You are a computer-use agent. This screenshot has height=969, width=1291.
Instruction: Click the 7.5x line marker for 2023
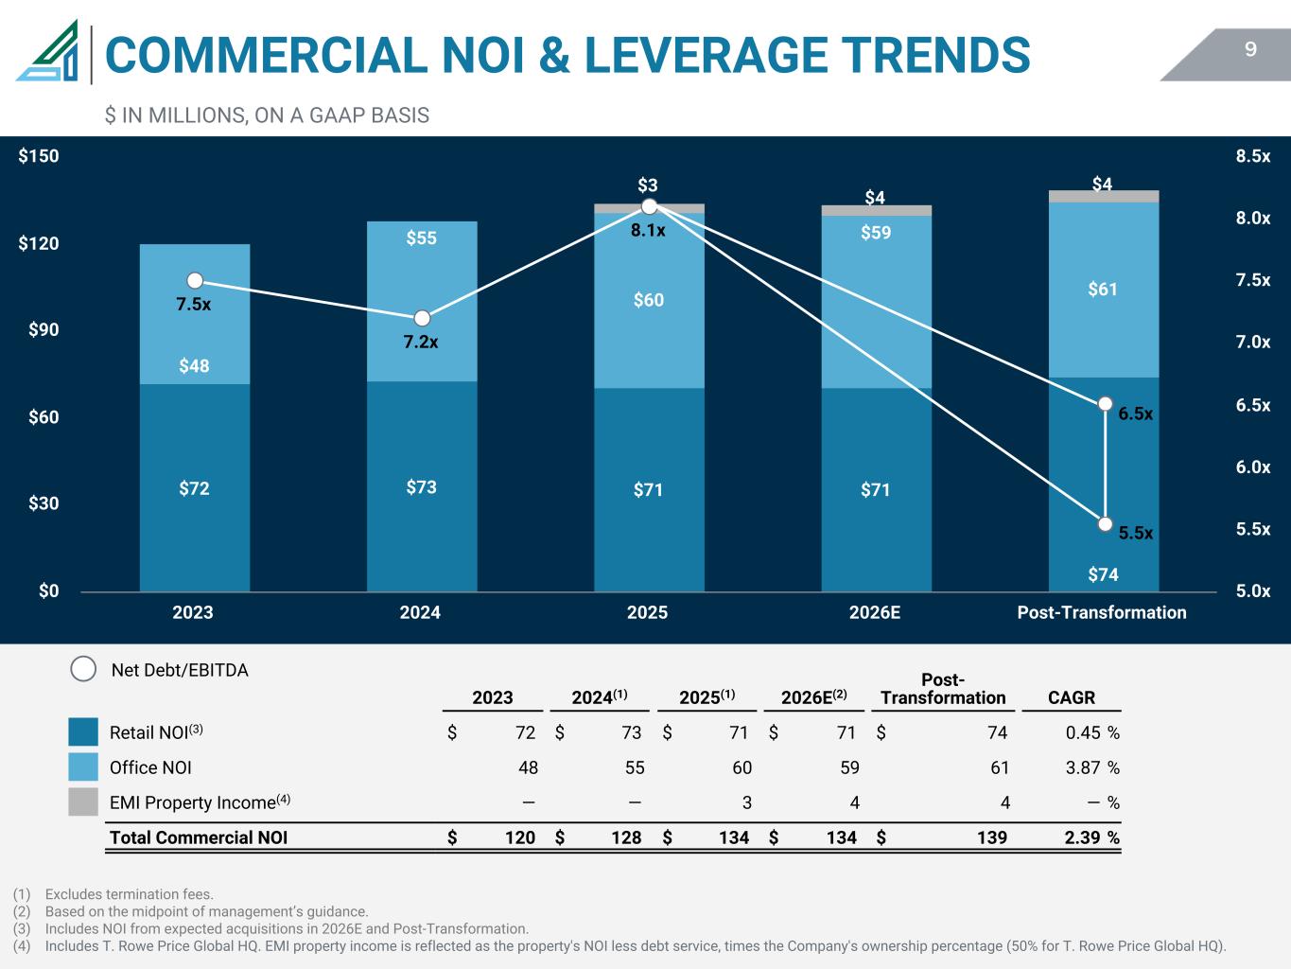click(x=195, y=280)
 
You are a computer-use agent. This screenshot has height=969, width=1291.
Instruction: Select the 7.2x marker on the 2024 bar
click(x=422, y=318)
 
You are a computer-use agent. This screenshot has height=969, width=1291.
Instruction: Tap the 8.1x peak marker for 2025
click(x=649, y=206)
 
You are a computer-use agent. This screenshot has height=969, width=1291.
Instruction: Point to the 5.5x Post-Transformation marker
click(x=1105, y=524)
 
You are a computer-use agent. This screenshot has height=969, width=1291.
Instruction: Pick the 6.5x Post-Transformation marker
click(x=1105, y=404)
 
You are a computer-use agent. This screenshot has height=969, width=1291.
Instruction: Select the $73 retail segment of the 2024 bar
click(x=422, y=486)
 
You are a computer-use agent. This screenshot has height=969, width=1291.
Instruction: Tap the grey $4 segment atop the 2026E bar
click(x=876, y=210)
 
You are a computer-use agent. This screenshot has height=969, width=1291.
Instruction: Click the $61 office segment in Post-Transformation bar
click(x=1103, y=290)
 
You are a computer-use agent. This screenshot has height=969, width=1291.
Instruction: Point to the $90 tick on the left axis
click(x=39, y=330)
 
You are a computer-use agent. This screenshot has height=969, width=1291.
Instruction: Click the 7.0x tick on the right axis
click(x=1252, y=343)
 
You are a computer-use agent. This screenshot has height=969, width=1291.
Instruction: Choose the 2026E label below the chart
click(x=875, y=612)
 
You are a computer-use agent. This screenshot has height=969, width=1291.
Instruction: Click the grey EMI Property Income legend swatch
click(x=83, y=802)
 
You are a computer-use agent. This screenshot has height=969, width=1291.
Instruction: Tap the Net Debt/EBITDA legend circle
click(x=83, y=669)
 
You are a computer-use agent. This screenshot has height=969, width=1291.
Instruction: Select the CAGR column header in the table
click(x=1072, y=697)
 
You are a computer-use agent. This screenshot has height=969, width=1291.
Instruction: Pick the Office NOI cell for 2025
click(x=741, y=767)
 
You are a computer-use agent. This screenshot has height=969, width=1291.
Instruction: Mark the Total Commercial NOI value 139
click(x=991, y=837)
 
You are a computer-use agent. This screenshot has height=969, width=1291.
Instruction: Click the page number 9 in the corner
click(x=1250, y=50)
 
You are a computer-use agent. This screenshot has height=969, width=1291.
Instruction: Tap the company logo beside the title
click(x=47, y=53)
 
